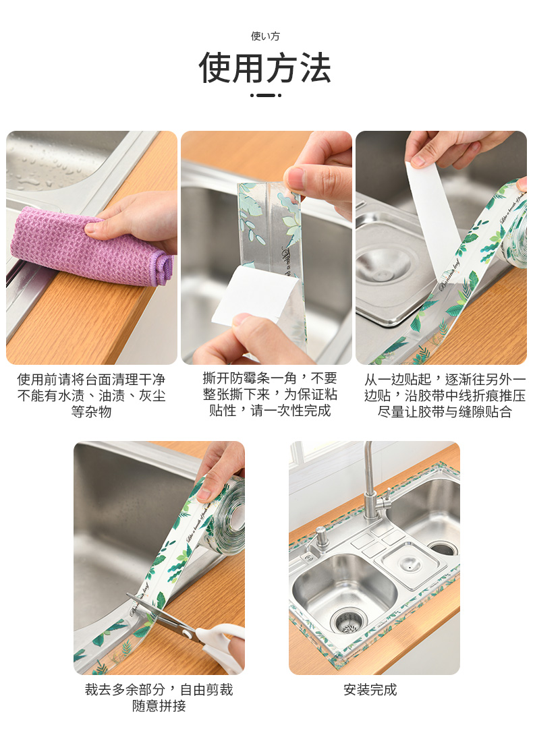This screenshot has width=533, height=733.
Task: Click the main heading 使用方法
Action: (x=266, y=68)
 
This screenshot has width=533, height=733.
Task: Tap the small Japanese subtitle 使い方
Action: (x=265, y=36)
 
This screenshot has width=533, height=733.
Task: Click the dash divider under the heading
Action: (x=266, y=95)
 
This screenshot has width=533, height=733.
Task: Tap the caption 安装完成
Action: (x=370, y=690)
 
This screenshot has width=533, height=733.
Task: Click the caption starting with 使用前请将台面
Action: (x=91, y=395)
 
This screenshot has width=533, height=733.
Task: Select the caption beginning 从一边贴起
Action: (x=445, y=395)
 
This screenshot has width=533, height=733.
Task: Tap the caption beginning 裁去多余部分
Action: (x=159, y=697)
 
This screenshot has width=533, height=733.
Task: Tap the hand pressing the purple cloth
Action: (x=136, y=220)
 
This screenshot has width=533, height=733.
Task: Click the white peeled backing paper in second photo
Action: (x=255, y=295)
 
